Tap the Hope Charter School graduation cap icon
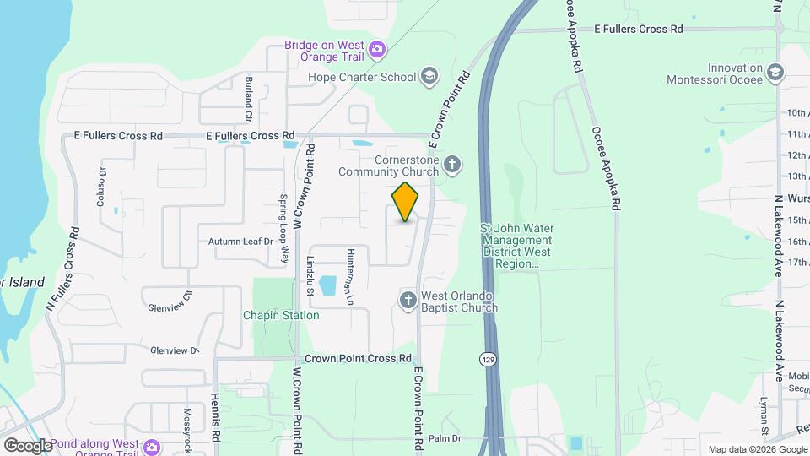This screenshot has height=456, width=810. (x=430, y=77)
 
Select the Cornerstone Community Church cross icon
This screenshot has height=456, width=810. (x=453, y=164)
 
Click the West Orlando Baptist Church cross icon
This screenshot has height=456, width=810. (x=408, y=300)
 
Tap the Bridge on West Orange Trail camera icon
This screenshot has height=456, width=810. (x=377, y=51)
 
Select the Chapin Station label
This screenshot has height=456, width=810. (x=282, y=315)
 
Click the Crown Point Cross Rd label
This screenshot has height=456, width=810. (x=358, y=358)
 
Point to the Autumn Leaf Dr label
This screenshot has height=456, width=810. (x=241, y=242)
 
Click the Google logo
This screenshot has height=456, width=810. (x=28, y=445)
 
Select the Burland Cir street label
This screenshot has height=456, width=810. (x=249, y=97)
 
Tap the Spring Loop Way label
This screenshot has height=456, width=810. (x=284, y=219)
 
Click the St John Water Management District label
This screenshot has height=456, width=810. (x=515, y=246)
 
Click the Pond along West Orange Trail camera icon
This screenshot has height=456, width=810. (x=153, y=446)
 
